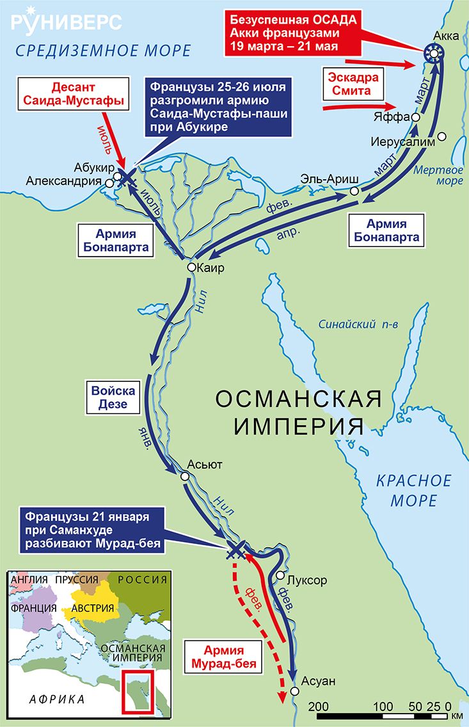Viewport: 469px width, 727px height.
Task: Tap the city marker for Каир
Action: tap(191, 268)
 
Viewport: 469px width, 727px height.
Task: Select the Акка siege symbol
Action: tap(434, 53)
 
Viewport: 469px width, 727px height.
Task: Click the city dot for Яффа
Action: tap(416, 118)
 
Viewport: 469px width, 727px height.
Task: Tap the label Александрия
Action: tap(63, 182)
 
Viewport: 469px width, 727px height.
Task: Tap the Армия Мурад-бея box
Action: tap(222, 657)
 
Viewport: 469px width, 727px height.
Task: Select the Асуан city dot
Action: tap(294, 691)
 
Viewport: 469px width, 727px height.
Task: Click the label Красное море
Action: tap(413, 490)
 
